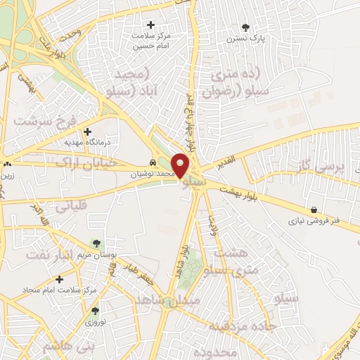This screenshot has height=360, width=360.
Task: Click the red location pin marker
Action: pos(180,165)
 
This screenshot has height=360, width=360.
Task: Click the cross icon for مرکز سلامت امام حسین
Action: pos(150,24)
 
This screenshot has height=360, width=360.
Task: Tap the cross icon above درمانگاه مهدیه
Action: pos(87,131)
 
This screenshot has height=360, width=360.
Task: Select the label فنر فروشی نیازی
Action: pos(315,221)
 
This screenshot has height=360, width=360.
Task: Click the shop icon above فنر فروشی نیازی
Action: pos(313,210)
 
